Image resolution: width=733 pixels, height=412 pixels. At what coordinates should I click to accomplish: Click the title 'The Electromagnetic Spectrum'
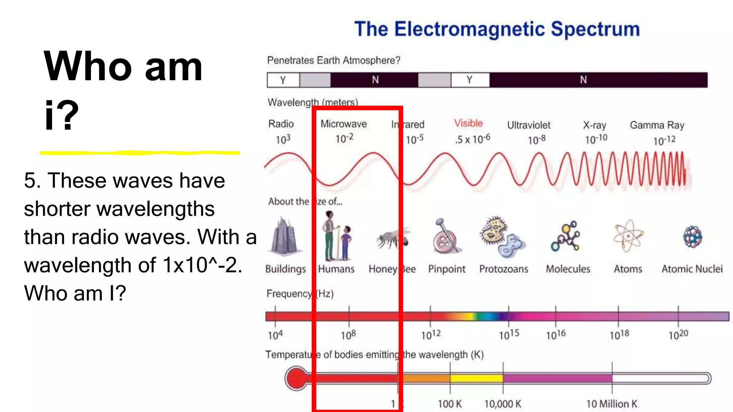(x=497, y=29)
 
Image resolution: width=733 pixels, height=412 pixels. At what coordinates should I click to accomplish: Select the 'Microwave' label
(x=344, y=124)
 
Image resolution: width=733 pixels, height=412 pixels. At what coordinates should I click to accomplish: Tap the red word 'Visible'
(x=469, y=123)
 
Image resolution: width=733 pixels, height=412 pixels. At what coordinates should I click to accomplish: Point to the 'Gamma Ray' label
(x=657, y=125)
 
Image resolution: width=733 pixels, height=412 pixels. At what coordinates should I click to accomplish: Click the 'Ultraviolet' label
(x=529, y=125)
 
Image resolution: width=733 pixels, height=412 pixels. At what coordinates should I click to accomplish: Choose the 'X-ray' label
(x=594, y=125)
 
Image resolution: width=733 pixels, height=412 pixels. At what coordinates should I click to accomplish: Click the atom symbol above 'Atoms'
(x=628, y=236)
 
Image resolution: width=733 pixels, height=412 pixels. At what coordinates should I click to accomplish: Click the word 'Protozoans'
(x=504, y=269)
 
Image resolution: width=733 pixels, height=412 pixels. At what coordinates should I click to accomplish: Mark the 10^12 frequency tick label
(x=431, y=335)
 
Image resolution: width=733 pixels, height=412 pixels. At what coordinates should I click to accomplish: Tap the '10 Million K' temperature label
(x=612, y=404)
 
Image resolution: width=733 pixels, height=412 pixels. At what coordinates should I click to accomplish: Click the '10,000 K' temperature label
(x=503, y=404)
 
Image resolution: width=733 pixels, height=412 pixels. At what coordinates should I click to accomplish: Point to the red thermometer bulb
(x=296, y=378)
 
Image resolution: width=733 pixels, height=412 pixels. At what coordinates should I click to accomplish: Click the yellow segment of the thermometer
(x=476, y=378)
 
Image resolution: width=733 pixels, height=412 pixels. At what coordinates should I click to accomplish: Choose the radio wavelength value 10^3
(x=283, y=139)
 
